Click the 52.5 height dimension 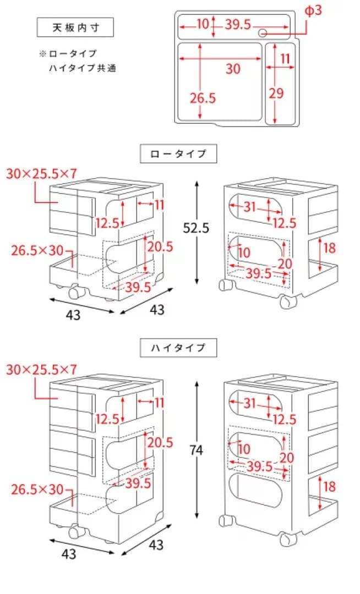(x=197, y=228)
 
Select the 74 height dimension (x=197, y=450)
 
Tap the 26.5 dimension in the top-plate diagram (x=203, y=98)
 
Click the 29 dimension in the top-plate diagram (x=276, y=93)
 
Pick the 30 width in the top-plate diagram (x=233, y=69)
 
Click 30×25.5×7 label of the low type (x=41, y=174)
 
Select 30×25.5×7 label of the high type (x=41, y=369)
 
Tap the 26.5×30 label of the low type (x=37, y=251)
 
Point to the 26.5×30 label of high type (x=37, y=488)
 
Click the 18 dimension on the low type (x=329, y=248)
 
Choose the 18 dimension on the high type (x=329, y=487)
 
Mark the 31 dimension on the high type (x=250, y=403)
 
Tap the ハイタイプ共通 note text (x=83, y=68)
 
